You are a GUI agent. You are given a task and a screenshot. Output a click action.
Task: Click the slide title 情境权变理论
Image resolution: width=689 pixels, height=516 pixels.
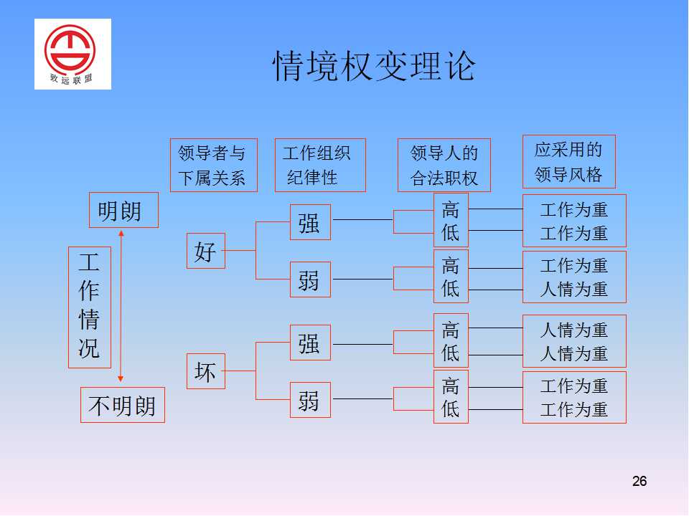tap(374, 66)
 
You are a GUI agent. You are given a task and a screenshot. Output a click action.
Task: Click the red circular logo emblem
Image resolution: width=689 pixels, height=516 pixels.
tap(70, 49)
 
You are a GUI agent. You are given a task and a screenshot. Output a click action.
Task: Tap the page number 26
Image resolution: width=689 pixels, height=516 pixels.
tap(639, 481)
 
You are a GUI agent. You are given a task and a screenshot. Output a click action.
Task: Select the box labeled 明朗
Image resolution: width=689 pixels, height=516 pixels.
tap(123, 210)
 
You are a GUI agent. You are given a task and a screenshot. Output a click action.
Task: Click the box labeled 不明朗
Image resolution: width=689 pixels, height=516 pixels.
tap(123, 405)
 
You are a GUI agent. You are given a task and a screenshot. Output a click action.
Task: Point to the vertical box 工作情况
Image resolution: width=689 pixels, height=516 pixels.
tap(90, 307)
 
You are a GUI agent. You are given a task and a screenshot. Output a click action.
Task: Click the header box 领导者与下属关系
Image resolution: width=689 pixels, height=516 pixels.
tap(214, 165)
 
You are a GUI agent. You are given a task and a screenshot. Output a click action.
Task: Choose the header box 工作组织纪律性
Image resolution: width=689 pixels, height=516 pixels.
tap(320, 165)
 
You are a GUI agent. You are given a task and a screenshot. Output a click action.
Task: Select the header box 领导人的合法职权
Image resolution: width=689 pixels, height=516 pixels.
tap(444, 165)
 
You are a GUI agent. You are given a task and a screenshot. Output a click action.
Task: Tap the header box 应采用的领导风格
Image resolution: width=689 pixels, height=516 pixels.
tap(569, 161)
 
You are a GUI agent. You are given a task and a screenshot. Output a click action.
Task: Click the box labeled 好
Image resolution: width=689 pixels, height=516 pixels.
tap(206, 251)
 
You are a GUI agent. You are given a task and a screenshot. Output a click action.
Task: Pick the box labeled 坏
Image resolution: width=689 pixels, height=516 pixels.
tap(206, 371)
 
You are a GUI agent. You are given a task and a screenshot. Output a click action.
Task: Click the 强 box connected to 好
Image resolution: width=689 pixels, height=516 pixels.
tap(310, 222)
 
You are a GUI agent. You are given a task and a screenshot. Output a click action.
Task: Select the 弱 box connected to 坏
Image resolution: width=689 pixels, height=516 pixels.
tap(310, 400)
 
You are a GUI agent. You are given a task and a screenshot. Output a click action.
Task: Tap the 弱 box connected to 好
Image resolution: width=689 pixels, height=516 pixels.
tap(310, 279)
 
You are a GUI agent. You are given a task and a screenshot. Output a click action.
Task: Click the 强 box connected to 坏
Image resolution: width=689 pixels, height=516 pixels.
tap(310, 343)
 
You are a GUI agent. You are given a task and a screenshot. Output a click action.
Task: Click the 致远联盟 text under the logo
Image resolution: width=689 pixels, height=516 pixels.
tap(71, 79)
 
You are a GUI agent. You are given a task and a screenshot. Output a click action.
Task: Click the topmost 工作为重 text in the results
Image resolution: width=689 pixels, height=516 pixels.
tap(574, 210)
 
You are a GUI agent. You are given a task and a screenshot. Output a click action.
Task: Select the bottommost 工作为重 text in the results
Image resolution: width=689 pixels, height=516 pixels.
tap(574, 410)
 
